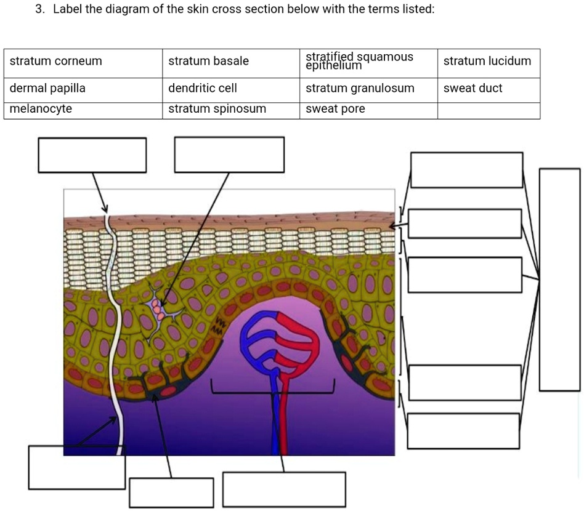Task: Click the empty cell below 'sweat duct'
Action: point(489,110)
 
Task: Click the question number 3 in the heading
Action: point(38,10)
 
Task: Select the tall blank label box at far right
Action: point(559,279)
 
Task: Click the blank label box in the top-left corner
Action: point(92,155)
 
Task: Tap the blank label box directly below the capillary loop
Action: point(284,489)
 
